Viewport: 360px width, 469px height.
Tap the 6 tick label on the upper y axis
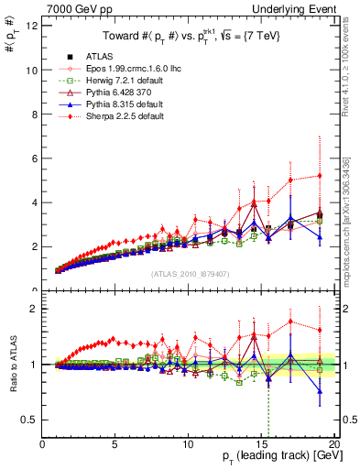(x=35, y=158)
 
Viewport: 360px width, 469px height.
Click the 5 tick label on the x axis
(x=115, y=444)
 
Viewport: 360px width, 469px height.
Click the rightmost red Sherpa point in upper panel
(x=319, y=176)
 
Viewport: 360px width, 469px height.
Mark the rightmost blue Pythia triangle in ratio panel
(x=319, y=391)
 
